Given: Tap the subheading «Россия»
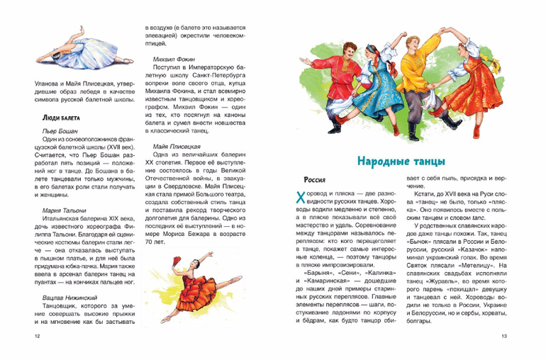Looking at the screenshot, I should [314, 180].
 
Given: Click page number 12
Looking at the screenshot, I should [28, 336].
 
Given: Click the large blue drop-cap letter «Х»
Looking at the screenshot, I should [299, 200].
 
